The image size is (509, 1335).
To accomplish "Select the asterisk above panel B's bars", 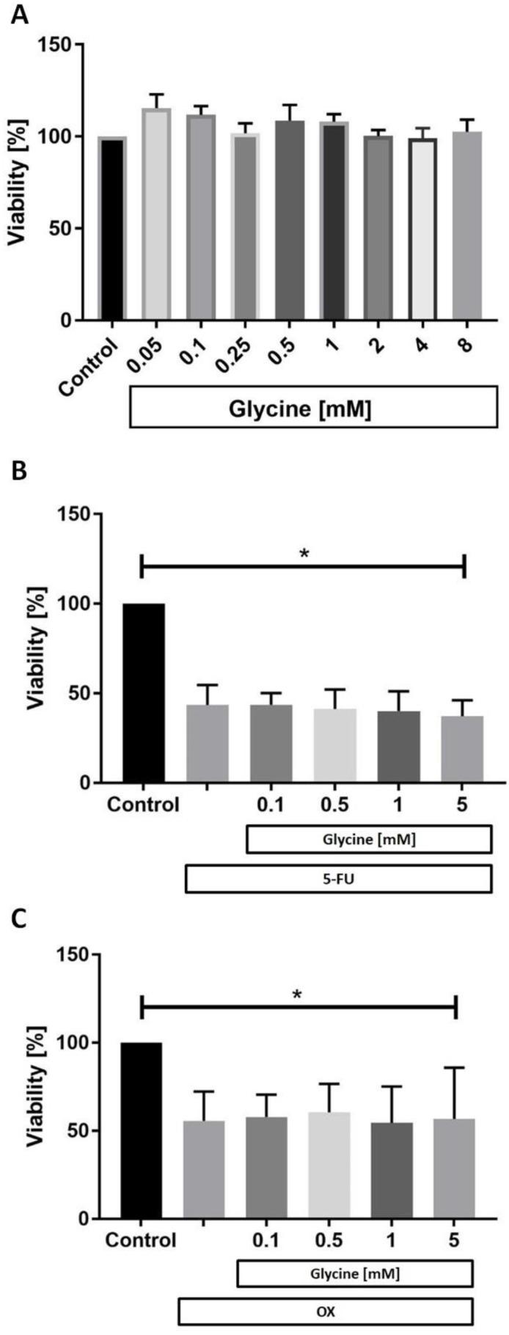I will click(304, 554).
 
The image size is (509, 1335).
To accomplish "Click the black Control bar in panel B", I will click(144, 693).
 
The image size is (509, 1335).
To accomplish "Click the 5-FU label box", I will click(337, 879).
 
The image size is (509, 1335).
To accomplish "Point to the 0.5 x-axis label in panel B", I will click(334, 804).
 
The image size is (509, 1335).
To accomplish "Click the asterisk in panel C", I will click(297, 995).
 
